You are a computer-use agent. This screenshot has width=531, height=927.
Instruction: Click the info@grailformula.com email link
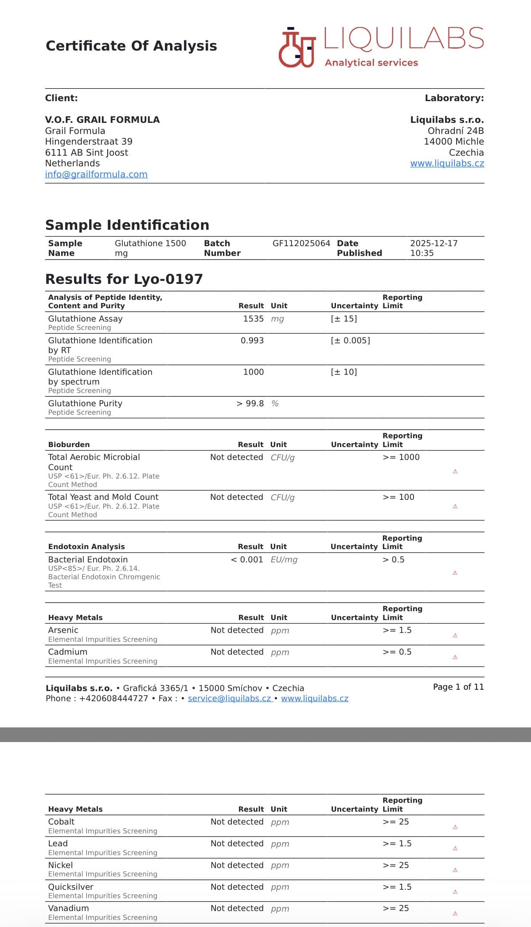coord(96,174)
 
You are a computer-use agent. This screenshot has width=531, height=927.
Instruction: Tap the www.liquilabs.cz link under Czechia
coord(447,163)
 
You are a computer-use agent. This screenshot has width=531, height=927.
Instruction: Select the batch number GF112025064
coord(301,244)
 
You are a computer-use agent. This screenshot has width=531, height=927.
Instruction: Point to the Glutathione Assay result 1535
coord(253,319)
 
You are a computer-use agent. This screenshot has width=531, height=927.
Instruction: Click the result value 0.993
coord(252,341)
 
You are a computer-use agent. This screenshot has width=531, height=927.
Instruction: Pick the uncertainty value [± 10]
coord(344,372)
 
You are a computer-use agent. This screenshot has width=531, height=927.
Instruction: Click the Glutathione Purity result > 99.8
coord(250,404)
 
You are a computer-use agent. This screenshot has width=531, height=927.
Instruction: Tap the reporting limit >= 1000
coord(401,457)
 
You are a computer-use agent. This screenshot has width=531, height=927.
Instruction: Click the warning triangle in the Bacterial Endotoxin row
coord(455,573)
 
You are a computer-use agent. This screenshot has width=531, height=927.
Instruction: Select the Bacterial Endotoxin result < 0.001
coord(247,560)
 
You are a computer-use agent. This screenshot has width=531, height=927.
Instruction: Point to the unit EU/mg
coord(284,560)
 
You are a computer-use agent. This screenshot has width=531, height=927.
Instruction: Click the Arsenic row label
coord(63,630)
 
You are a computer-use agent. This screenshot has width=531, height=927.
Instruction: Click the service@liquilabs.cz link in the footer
coord(229,699)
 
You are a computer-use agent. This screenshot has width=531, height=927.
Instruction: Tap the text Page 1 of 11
coord(458,687)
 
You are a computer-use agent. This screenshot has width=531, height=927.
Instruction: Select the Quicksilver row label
coord(70,887)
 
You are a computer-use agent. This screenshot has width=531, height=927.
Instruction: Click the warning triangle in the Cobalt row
coord(455,827)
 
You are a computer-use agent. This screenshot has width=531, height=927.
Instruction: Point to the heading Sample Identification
coord(127,225)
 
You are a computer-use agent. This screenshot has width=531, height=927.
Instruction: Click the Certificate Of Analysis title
coord(131,46)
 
